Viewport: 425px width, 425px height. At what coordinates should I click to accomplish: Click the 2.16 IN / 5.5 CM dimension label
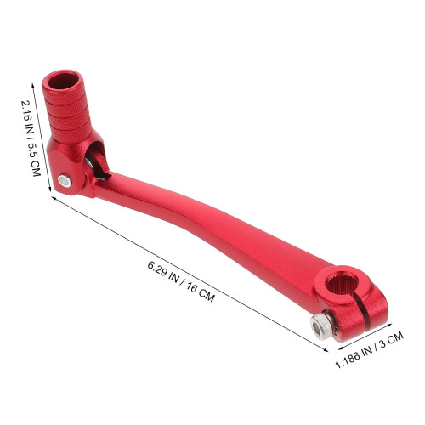(31, 139)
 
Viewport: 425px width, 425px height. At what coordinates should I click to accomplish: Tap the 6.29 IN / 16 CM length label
(181, 281)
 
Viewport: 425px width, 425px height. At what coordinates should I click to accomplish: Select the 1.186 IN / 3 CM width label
(369, 350)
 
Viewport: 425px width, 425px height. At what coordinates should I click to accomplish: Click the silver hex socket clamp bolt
(321, 327)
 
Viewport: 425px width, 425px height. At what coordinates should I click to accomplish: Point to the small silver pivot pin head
(65, 181)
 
